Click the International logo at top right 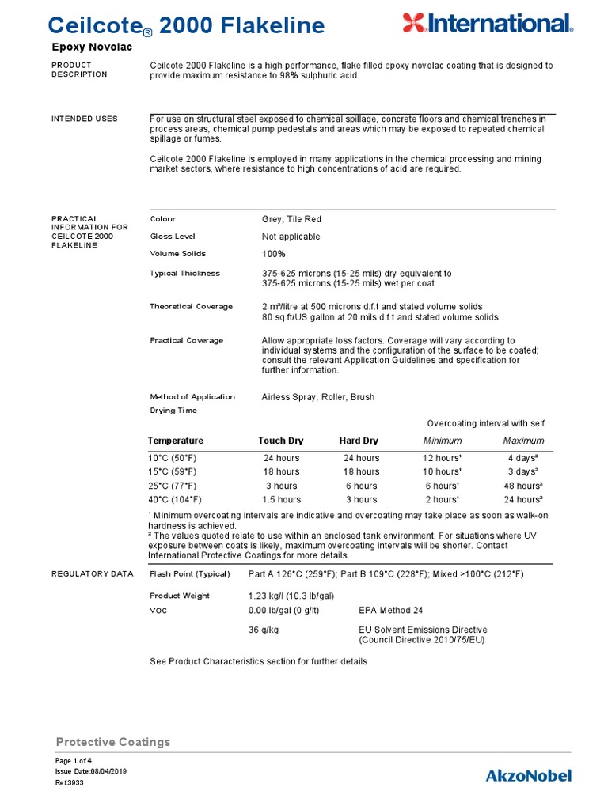[x=487, y=23]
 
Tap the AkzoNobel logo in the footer [x=528, y=775]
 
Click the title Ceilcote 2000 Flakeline [x=188, y=26]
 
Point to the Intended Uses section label [x=85, y=119]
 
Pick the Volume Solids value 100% [x=273, y=254]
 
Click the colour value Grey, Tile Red [x=291, y=219]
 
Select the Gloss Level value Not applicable [x=291, y=237]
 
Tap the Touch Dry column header [x=281, y=441]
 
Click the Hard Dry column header [x=359, y=441]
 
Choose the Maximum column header [x=523, y=441]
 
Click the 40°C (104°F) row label [x=175, y=500]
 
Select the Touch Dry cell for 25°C [x=281, y=486]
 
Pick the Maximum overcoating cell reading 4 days [x=523, y=458]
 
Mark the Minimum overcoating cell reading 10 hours [x=443, y=472]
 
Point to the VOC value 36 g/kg [x=266, y=630]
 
